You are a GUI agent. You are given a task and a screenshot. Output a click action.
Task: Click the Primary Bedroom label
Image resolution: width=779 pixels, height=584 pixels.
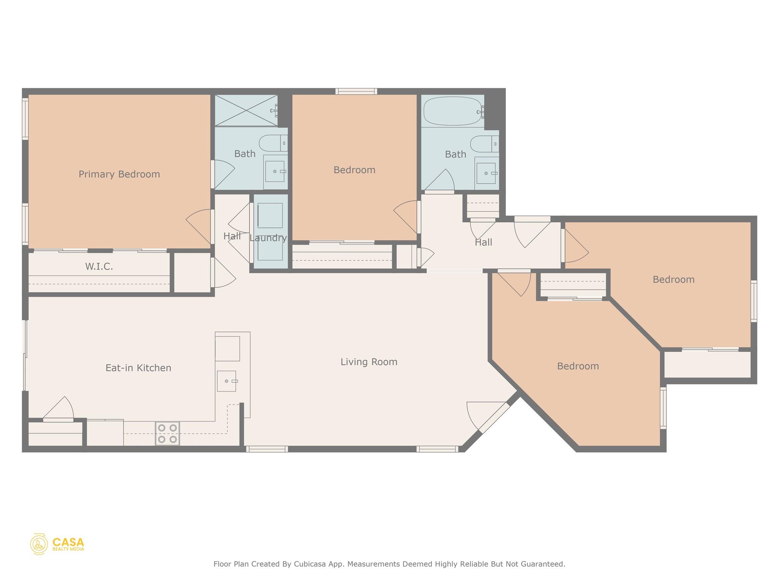click(x=119, y=174)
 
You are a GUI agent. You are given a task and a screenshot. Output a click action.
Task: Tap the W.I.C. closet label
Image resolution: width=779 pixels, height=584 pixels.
click(x=99, y=267)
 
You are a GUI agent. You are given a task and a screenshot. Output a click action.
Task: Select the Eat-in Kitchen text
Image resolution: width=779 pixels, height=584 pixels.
click(x=138, y=368)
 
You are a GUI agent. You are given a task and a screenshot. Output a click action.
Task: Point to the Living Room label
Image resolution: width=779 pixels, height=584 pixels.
click(x=369, y=362)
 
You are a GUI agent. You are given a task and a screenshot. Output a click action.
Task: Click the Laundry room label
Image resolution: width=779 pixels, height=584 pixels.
click(x=268, y=238)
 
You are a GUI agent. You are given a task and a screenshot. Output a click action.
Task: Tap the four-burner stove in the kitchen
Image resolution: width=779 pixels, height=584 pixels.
click(x=167, y=433)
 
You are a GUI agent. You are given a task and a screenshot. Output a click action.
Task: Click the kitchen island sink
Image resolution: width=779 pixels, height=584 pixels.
click(x=227, y=381)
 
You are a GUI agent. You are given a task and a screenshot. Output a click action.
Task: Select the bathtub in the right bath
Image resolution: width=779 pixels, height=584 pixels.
click(x=453, y=111)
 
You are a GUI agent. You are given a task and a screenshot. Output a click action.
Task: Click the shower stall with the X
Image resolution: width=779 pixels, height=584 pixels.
click(x=246, y=110)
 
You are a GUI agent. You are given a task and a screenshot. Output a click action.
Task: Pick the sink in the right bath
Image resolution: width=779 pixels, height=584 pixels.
click(x=486, y=173)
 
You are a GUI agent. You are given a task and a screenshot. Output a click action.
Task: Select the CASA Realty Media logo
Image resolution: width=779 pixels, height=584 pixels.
click(x=57, y=544)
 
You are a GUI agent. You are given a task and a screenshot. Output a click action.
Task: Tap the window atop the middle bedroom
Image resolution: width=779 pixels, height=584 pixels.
click(x=356, y=91)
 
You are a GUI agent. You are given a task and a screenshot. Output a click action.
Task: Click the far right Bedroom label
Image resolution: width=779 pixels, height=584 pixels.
click(x=673, y=279)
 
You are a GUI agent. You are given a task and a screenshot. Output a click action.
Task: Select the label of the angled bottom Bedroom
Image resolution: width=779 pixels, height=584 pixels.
click(x=578, y=366)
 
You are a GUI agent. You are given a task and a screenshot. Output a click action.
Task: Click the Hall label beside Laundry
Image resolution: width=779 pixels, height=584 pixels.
click(x=232, y=236)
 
